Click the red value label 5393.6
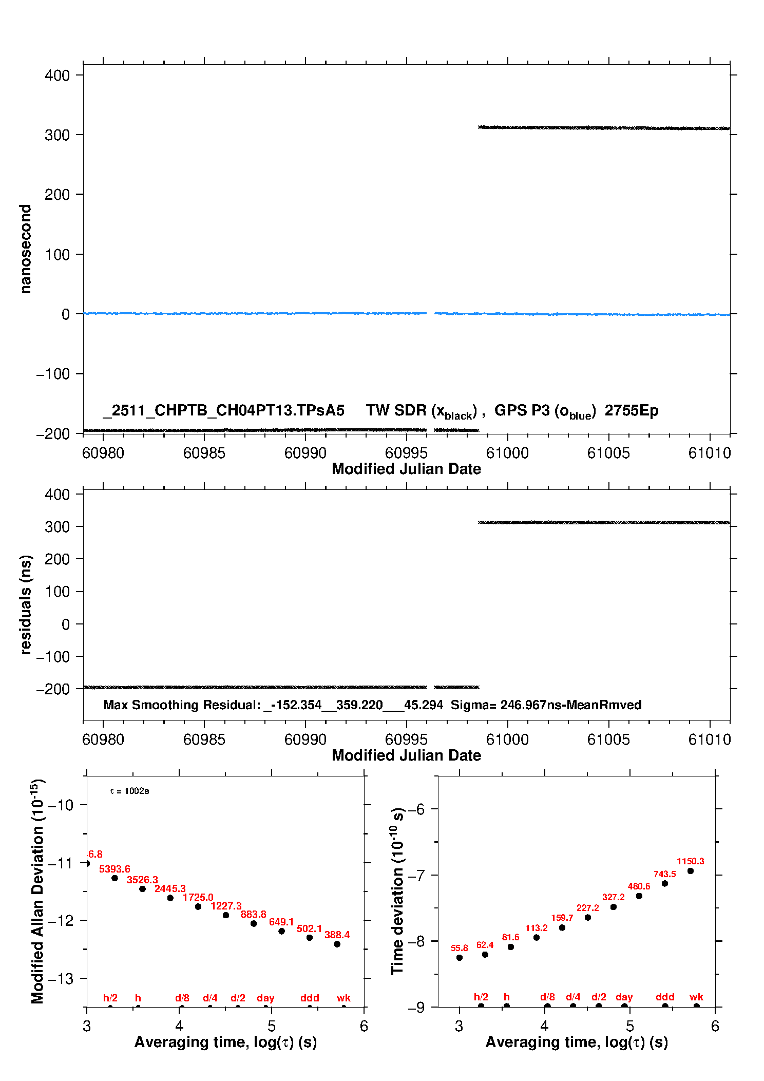(114, 869)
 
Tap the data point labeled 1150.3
(691, 871)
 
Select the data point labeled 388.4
(337, 944)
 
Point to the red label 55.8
(460, 948)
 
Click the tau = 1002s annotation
(129, 791)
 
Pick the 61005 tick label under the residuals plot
(608, 739)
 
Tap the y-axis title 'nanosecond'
(25, 249)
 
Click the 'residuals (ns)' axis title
(25, 604)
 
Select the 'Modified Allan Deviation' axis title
(37, 891)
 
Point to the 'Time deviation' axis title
(397, 891)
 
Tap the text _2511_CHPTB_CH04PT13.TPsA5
(223, 410)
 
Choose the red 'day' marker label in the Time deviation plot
(624, 997)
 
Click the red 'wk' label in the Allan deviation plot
(343, 998)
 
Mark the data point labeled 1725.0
(198, 906)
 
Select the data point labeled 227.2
(588, 917)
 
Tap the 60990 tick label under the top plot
(305, 453)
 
